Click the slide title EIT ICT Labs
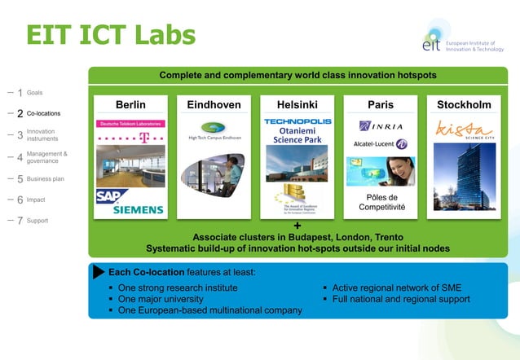click(111, 34)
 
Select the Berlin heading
click(130, 105)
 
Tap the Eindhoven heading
click(214, 105)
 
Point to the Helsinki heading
click(297, 105)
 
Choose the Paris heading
click(380, 105)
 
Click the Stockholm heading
click(464, 105)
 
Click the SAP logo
click(111, 196)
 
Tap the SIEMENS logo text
click(139, 209)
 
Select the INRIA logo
click(380, 126)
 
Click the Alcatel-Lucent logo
click(380, 144)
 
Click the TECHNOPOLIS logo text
click(297, 121)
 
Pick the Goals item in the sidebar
click(35, 93)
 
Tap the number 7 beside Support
click(20, 221)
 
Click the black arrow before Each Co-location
click(99, 271)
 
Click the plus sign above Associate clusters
click(297, 226)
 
